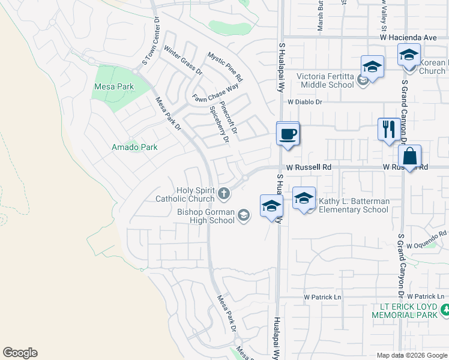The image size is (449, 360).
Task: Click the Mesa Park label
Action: (x=114, y=86)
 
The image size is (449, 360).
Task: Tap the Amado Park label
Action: (x=134, y=147)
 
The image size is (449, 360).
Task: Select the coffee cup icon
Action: (x=288, y=133)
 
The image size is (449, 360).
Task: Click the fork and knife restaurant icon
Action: (x=389, y=129)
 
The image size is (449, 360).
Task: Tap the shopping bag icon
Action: (x=409, y=157)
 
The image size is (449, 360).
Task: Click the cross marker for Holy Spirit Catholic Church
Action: (x=224, y=193)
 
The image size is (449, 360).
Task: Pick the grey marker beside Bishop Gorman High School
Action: (x=243, y=215)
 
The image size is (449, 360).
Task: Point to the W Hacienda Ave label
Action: (x=408, y=37)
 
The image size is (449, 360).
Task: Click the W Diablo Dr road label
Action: (x=305, y=102)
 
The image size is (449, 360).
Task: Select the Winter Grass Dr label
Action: (x=183, y=61)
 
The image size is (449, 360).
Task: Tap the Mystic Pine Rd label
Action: (x=225, y=67)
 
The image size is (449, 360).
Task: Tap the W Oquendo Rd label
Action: (x=427, y=241)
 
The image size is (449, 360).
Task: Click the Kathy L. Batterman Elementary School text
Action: (x=354, y=206)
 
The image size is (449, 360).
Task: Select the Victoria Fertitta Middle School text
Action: (x=326, y=80)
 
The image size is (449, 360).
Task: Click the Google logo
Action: (x=20, y=353)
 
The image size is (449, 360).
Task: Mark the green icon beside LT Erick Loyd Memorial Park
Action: (x=445, y=310)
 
